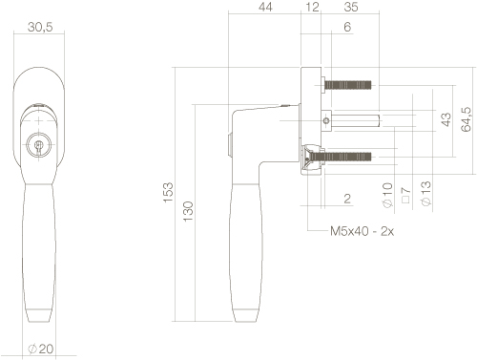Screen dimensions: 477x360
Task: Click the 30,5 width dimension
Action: coord(40,27)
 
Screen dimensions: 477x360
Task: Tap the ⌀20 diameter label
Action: coord(40,349)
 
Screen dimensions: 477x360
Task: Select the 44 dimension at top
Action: coord(265,7)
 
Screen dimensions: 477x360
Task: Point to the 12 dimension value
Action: coord(312,7)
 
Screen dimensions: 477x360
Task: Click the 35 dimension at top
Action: coord(351,7)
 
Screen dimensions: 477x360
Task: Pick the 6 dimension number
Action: coord(347,27)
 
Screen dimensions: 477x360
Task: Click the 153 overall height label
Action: coord(168,192)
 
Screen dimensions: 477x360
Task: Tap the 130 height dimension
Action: coord(188,211)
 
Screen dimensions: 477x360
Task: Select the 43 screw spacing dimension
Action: coord(446,119)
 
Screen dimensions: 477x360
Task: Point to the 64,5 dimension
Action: coord(466,119)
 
